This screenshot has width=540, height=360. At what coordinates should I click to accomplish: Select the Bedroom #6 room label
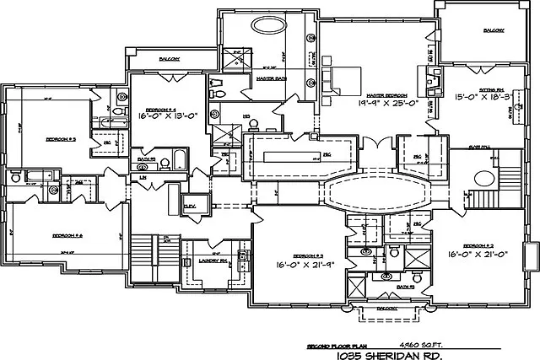tap(65, 235)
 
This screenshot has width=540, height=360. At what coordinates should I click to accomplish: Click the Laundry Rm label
tap(212, 261)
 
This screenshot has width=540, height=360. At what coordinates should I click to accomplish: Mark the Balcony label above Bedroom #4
tap(168, 59)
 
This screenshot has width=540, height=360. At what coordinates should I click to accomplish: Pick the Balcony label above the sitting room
tap(494, 31)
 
